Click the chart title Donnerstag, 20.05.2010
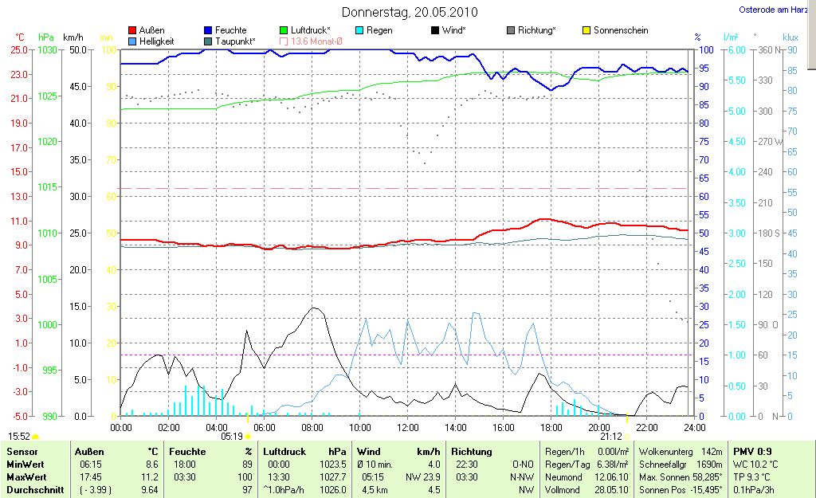410,12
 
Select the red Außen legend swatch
132,30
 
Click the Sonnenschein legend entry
621,30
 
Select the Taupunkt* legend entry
235,41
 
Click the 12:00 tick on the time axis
407,427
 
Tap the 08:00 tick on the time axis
312,427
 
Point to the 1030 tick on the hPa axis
47,49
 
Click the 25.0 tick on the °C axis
18,49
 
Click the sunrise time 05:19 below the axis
231,437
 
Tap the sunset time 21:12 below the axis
610,437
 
